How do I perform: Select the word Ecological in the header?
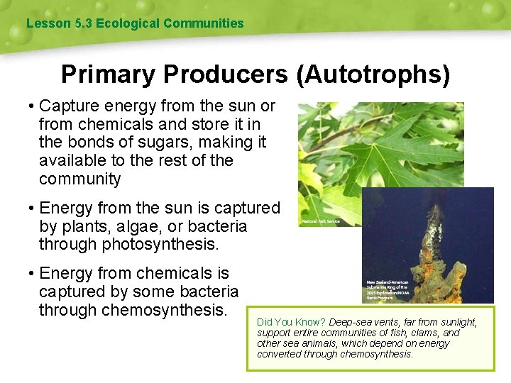pos(127,23)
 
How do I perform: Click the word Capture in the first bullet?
pos(69,106)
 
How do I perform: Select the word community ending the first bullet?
pos(80,179)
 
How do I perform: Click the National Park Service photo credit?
pos(322,221)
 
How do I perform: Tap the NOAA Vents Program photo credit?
pos(388,290)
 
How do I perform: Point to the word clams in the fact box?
pos(425,333)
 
